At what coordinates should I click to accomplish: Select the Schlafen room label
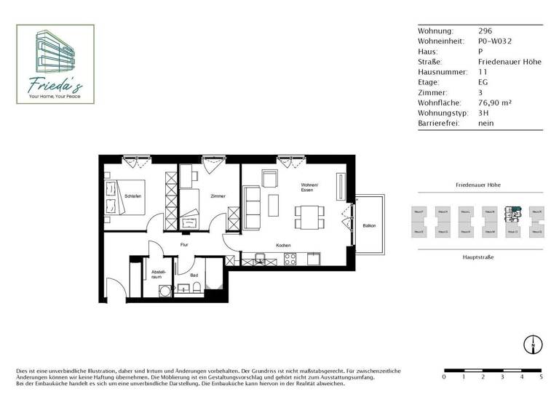[132, 196]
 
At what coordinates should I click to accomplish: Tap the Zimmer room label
[218, 196]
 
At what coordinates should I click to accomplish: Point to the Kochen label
[283, 245]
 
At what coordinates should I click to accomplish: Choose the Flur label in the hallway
[184, 245]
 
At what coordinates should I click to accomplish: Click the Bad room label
[194, 275]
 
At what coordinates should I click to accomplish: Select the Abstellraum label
[158, 275]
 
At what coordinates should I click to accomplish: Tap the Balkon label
[369, 226]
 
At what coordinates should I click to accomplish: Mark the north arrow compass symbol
[533, 344]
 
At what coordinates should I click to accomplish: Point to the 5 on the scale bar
[540, 377]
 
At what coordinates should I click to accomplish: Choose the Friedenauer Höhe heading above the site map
[477, 185]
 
